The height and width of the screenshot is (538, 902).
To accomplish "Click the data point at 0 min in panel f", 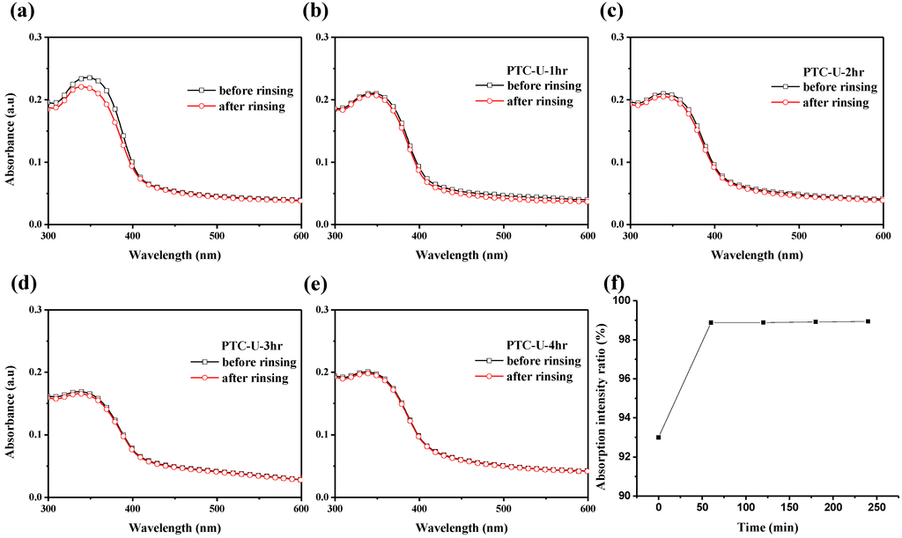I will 659,438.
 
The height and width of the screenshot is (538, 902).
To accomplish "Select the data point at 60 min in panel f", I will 711,322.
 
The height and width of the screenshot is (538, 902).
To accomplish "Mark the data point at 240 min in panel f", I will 868,321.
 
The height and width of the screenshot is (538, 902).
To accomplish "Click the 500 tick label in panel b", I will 503,236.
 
